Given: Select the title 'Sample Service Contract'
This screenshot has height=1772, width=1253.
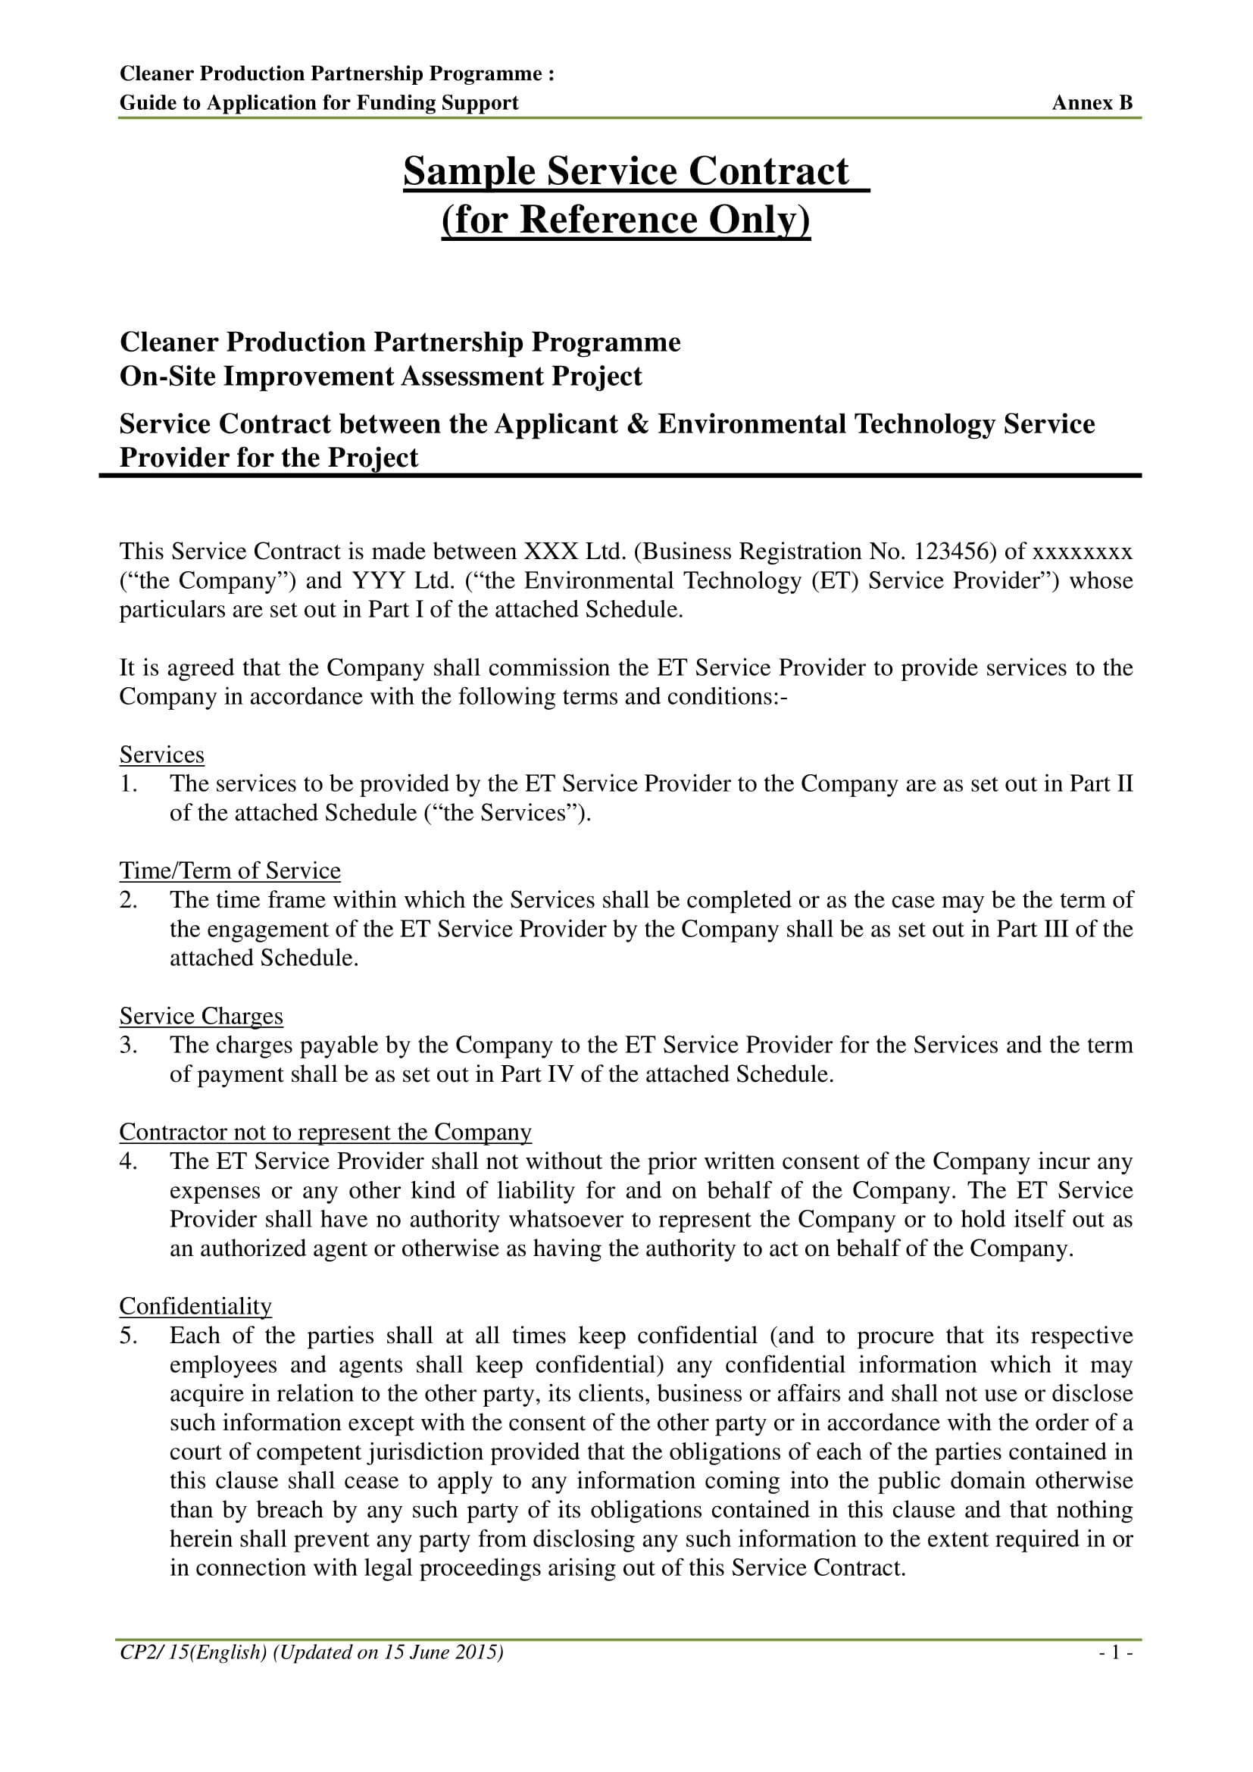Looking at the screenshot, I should tap(626, 171).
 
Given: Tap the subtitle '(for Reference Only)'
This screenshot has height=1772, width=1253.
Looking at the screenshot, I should tap(626, 219).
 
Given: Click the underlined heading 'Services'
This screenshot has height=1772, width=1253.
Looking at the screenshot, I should tap(162, 755).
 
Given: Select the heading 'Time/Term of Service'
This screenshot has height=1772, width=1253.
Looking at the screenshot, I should tap(230, 870).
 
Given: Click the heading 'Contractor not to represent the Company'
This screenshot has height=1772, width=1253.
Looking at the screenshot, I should tap(326, 1132).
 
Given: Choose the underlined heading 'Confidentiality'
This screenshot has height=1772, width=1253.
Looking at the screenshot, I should tap(196, 1306).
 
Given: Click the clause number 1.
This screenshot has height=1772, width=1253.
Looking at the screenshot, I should tap(128, 784).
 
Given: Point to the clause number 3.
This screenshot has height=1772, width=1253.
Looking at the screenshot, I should tap(128, 1045).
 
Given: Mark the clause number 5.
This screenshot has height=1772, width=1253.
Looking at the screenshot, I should tap(128, 1335).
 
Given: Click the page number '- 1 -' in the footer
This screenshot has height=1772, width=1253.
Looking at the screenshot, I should tap(1116, 1652).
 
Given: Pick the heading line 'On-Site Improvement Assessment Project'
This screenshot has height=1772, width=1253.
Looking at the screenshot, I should tap(380, 377).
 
